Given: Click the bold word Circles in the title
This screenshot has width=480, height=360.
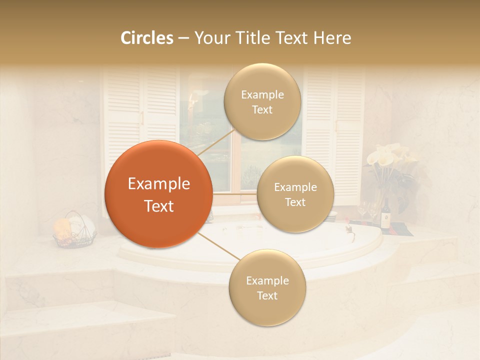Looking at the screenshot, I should pyautogui.click(x=146, y=38).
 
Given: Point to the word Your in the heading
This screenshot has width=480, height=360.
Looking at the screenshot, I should pyautogui.click(x=211, y=38).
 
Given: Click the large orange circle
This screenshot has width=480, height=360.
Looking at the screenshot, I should pyautogui.click(x=158, y=194).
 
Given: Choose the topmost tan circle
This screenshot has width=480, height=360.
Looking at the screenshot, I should pyautogui.click(x=262, y=101).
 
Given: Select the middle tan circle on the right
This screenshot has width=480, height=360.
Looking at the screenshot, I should pyautogui.click(x=295, y=194).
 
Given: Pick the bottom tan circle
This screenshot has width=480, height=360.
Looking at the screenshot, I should pyautogui.click(x=267, y=287).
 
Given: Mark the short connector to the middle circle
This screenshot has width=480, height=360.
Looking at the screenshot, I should pyautogui.click(x=234, y=193).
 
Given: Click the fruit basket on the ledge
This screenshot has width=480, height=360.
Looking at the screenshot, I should pyautogui.click(x=74, y=231).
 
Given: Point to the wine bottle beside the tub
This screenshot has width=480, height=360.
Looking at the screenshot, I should pyautogui.click(x=386, y=214).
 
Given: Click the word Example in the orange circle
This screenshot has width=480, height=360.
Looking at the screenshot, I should pyautogui.click(x=158, y=183).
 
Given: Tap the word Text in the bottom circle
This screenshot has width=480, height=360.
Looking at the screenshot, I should pyautogui.click(x=267, y=295).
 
